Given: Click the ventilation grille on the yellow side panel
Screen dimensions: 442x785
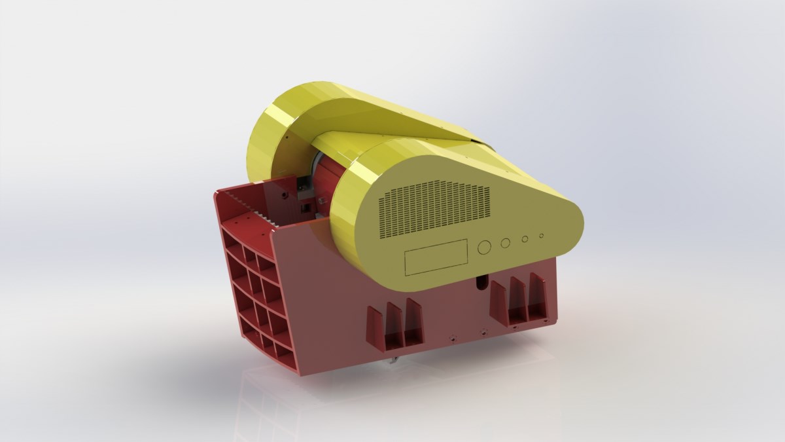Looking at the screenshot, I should tap(434, 209).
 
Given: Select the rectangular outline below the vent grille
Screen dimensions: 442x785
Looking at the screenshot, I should tap(436, 257).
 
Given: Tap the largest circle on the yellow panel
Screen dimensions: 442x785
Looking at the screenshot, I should tap(485, 247).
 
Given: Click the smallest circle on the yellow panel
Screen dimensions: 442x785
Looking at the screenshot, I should tap(541, 236).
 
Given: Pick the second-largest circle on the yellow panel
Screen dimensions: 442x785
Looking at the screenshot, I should tap(506, 243).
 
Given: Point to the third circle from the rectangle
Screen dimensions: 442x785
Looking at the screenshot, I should tap(525, 239).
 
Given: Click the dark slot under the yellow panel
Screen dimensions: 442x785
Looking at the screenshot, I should tap(481, 282).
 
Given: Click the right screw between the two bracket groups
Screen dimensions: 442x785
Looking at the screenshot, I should tap(483, 332).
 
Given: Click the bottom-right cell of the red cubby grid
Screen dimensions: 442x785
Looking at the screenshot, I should tap(285, 353).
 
